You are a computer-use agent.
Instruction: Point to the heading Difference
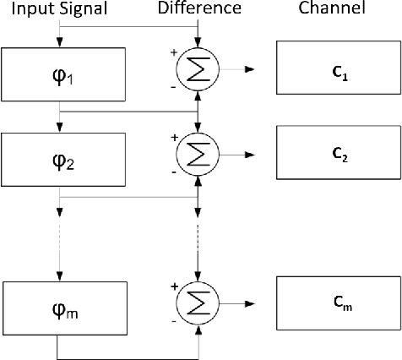click(x=200, y=9)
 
